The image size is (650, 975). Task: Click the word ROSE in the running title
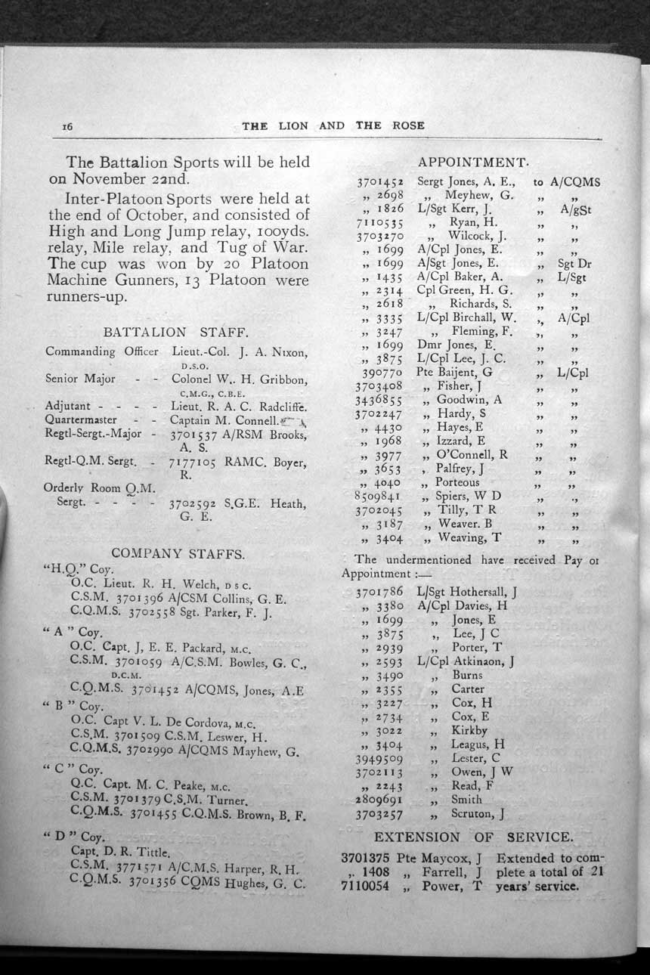click(409, 125)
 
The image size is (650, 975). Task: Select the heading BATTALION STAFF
click(175, 331)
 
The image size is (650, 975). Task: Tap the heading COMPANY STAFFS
click(178, 553)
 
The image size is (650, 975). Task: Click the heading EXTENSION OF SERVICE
click(473, 837)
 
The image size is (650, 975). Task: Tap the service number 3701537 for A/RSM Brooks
click(198, 435)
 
